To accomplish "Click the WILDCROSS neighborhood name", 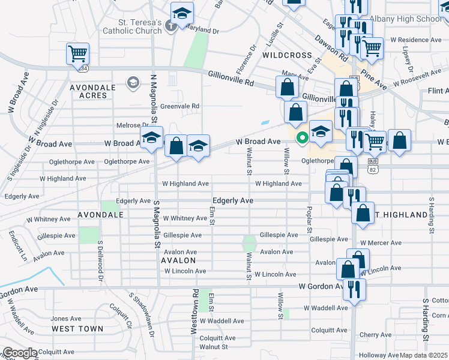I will click(285, 55).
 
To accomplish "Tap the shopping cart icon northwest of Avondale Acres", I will click(78, 53).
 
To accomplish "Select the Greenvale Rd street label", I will click(179, 106).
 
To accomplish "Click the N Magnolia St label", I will click(153, 96).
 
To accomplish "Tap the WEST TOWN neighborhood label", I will click(77, 329).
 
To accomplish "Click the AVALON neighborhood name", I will click(178, 260).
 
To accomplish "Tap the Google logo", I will click(20, 353).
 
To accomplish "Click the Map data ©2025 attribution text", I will click(424, 355).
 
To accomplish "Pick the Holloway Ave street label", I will click(379, 355).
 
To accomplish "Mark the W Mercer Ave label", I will click(381, 243).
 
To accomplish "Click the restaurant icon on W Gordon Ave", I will click(354, 289).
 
